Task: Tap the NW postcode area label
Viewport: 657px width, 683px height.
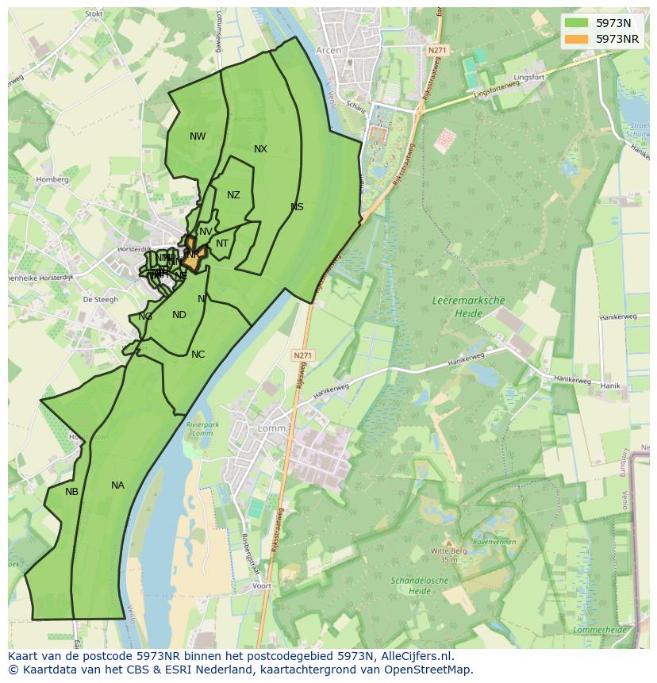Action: point(198,136)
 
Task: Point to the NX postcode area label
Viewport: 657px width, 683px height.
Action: point(260,149)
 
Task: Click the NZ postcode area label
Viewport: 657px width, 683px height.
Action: point(233,195)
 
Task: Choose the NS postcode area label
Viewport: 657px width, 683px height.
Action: point(297,207)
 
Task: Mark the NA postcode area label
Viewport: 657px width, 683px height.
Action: point(117,485)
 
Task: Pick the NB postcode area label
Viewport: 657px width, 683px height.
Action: point(71,492)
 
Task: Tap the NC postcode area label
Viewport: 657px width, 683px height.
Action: point(198,355)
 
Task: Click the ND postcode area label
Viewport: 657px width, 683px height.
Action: point(179,315)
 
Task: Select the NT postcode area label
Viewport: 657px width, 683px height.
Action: point(222,244)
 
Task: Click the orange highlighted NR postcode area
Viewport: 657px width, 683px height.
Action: point(194,255)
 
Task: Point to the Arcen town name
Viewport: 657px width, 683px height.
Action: point(328,50)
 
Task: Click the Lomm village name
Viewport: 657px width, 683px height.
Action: point(271,428)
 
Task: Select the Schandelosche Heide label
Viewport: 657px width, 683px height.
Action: point(421,585)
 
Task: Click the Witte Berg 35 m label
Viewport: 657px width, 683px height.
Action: point(448,554)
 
